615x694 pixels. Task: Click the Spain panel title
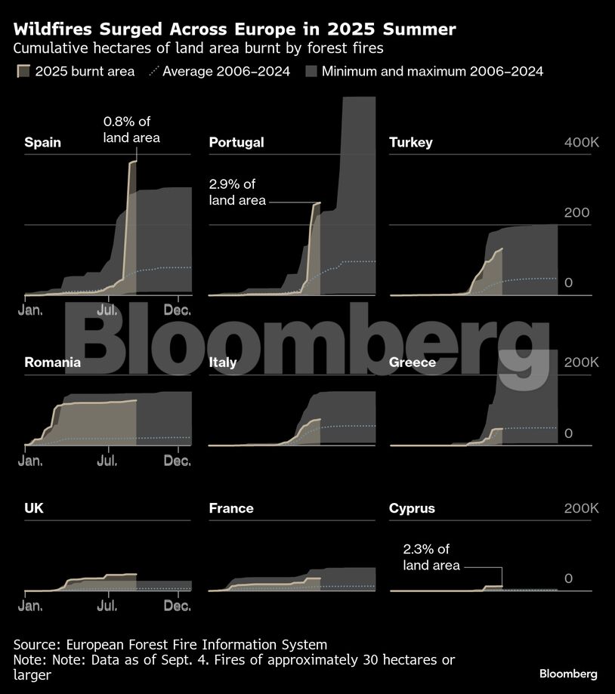tap(43, 142)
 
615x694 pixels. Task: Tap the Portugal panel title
tap(236, 142)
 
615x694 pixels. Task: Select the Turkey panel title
tap(410, 142)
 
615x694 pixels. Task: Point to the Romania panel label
tap(52, 362)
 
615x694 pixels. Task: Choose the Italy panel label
tap(223, 362)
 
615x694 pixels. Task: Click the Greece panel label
tap(413, 362)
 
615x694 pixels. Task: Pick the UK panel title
tap(34, 508)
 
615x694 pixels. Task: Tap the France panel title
tap(231, 508)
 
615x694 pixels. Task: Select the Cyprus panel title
tap(412, 508)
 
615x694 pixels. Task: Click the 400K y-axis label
tap(580, 143)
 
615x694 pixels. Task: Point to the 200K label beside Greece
tap(580, 362)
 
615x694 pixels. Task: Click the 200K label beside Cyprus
tap(580, 508)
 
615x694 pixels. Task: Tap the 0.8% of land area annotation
tap(131, 129)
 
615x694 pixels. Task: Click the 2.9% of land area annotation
tap(237, 193)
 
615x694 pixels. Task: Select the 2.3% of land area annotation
tap(431, 557)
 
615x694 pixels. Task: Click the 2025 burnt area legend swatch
tap(23, 72)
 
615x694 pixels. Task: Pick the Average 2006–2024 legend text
tap(227, 72)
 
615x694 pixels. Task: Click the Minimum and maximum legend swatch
tap(311, 72)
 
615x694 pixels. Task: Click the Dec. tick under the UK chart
tap(178, 605)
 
